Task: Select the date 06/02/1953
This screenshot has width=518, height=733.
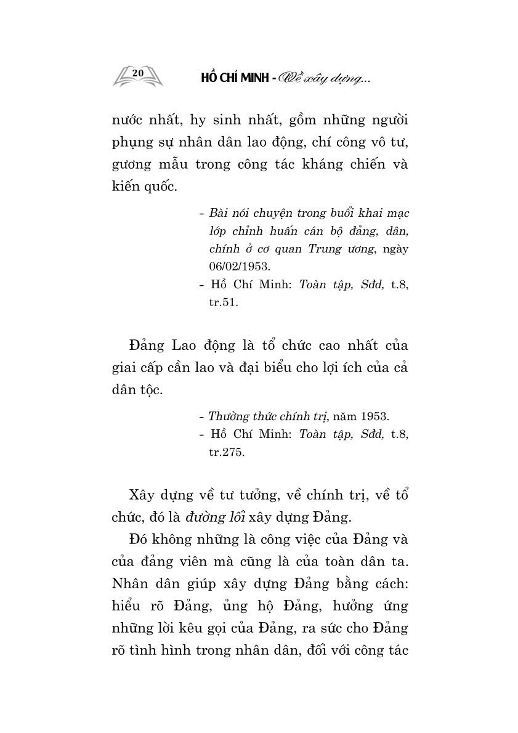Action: [237, 266]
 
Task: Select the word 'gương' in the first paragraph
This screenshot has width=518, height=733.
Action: [133, 165]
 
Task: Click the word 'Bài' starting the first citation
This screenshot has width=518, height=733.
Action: [219, 213]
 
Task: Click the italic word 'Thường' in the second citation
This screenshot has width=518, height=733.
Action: [228, 416]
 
